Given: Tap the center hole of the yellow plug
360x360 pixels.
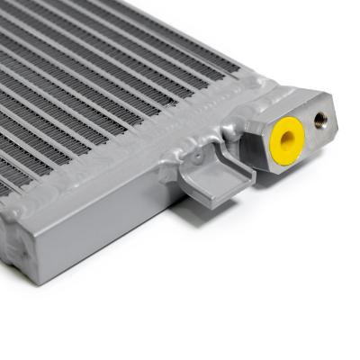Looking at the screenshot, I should click(x=288, y=137).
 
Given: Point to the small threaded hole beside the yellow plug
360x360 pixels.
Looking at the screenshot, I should click(x=320, y=118).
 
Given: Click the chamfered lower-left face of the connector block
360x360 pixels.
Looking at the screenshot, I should click(x=261, y=158).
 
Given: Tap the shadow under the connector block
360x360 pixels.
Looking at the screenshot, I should click(x=279, y=180).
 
